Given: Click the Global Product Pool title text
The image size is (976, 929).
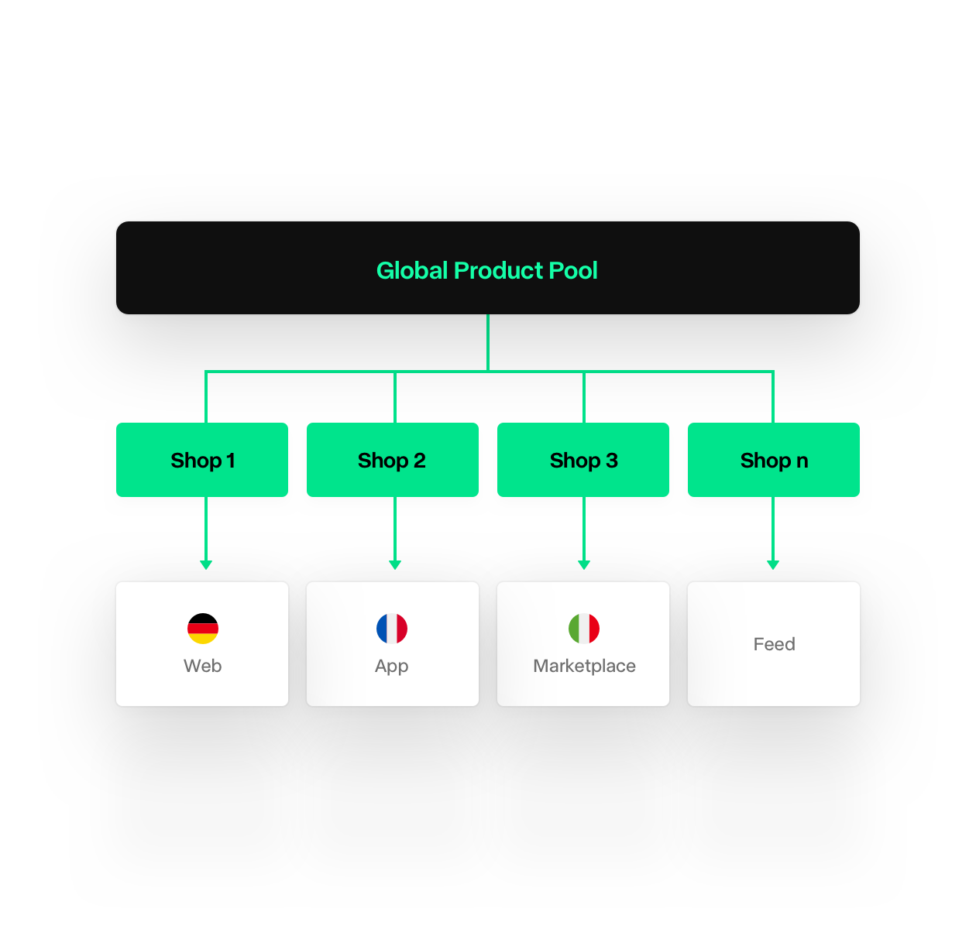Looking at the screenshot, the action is pyautogui.click(x=486, y=270).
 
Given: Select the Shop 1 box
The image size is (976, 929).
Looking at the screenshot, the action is pyautogui.click(x=202, y=460).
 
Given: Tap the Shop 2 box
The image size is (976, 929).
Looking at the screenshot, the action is pyautogui.click(x=393, y=460).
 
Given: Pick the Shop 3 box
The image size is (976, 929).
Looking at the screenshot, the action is pyautogui.click(x=583, y=460).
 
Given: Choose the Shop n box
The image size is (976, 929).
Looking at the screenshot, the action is pyautogui.click(x=774, y=460).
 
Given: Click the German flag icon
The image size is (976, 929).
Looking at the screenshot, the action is pyautogui.click(x=202, y=629).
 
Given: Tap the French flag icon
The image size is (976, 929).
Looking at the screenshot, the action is pyautogui.click(x=392, y=629).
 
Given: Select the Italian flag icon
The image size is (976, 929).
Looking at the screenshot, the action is pyautogui.click(x=584, y=629).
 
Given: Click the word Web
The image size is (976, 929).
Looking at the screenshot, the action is pyautogui.click(x=202, y=666).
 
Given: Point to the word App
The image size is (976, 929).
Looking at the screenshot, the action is pyautogui.click(x=392, y=667).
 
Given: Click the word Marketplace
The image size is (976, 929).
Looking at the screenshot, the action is pyautogui.click(x=584, y=666).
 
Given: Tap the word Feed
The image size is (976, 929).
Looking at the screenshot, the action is pyautogui.click(x=774, y=643).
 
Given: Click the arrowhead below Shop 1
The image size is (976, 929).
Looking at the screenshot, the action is pyautogui.click(x=206, y=564).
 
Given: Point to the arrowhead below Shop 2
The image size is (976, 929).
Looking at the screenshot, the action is pyautogui.click(x=395, y=564).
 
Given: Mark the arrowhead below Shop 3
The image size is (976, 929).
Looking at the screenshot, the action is pyautogui.click(x=584, y=564).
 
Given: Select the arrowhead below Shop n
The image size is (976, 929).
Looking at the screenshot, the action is pyautogui.click(x=773, y=564).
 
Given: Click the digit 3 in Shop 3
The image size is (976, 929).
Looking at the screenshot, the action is pyautogui.click(x=612, y=460).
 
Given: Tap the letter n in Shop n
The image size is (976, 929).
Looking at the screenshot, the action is pyautogui.click(x=802, y=461).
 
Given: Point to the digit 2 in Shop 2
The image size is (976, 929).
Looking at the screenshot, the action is pyautogui.click(x=420, y=460).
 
